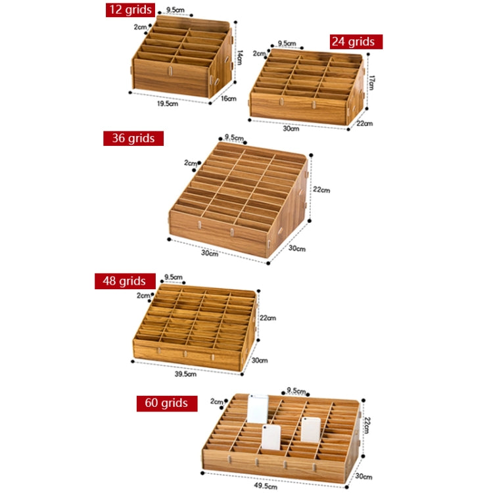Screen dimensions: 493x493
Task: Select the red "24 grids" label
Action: (356, 41)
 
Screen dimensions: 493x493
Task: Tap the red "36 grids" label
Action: (133, 138)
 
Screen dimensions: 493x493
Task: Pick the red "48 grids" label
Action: (124, 281)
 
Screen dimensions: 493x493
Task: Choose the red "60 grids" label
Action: (167, 403)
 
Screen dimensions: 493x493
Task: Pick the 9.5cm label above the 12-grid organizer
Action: (175, 10)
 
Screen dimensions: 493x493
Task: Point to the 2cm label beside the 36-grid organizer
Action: (191, 162)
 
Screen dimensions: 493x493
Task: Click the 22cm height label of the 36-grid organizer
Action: (321, 190)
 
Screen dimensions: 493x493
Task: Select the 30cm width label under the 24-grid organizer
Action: (291, 128)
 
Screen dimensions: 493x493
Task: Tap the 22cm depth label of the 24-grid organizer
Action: (365, 123)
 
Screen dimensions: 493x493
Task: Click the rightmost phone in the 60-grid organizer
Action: (310, 429)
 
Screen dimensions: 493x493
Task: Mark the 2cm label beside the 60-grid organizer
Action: (217, 401)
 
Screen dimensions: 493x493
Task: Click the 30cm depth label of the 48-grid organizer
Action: (260, 360)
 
